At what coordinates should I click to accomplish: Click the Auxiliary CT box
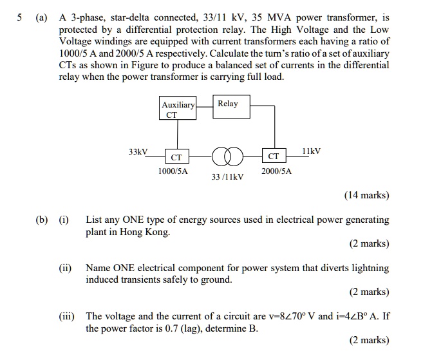[x=178, y=109]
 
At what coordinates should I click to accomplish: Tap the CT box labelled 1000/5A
[x=176, y=156]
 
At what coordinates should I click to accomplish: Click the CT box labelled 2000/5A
[x=274, y=156]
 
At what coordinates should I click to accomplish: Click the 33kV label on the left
[x=138, y=152]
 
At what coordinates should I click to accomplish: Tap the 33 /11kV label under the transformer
[x=227, y=176]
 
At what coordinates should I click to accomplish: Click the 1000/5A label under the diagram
[x=173, y=172]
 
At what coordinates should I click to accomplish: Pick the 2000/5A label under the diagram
[x=276, y=172]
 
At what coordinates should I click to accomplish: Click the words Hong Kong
[x=145, y=232]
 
